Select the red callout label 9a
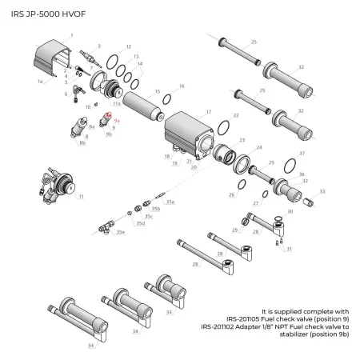pos(117,119)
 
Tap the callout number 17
pos(209,112)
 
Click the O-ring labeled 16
pos(166,98)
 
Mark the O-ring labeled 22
pos(225,131)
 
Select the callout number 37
pos(302,152)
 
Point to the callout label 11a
pos(117,104)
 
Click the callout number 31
pos(289,249)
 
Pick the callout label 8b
pos(82,144)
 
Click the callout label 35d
pos(141,223)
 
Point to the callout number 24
pos(258,148)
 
